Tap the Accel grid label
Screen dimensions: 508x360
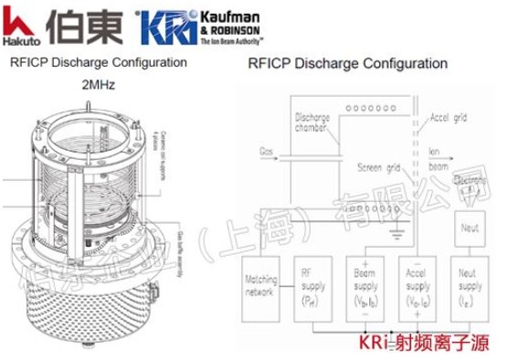(x=449, y=118)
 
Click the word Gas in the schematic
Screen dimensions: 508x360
(x=267, y=150)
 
